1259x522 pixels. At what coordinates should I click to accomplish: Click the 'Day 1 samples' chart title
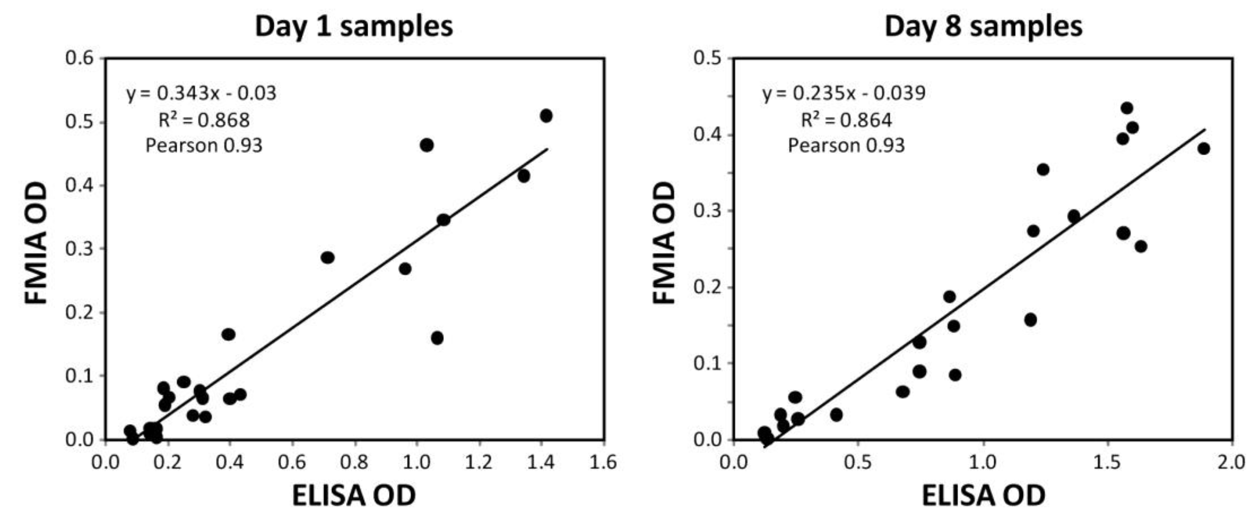pyautogui.click(x=354, y=26)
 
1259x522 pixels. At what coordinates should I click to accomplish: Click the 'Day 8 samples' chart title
pyautogui.click(x=983, y=26)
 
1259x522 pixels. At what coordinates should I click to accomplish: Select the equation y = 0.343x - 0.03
pyautogui.click(x=201, y=93)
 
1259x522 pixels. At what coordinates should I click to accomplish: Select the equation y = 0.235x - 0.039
pyautogui.click(x=844, y=93)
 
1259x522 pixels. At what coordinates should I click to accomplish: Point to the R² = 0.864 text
pyautogui.click(x=846, y=120)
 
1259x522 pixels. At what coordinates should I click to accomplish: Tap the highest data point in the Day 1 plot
pyautogui.click(x=546, y=116)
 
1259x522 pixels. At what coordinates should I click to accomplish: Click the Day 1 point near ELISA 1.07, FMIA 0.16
pyautogui.click(x=437, y=338)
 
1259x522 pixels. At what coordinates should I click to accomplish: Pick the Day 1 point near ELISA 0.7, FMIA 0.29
pyautogui.click(x=328, y=257)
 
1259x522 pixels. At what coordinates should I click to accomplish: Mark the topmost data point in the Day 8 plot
pyautogui.click(x=1127, y=108)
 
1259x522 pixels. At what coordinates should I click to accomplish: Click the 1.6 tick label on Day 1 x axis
pyautogui.click(x=603, y=462)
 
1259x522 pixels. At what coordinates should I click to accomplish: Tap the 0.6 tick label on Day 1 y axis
pyautogui.click(x=79, y=58)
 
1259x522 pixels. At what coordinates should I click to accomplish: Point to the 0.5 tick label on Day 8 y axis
pyautogui.click(x=707, y=58)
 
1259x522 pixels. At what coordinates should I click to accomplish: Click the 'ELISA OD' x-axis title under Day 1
pyautogui.click(x=354, y=495)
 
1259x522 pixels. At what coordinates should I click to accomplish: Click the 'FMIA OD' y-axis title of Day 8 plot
pyautogui.click(x=664, y=243)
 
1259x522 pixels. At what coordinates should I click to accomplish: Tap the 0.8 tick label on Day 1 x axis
pyautogui.click(x=354, y=462)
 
